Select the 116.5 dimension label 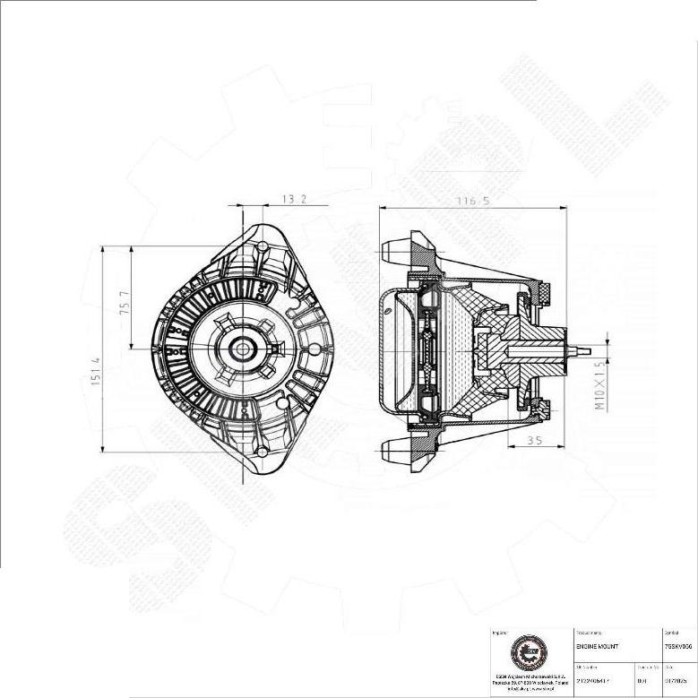pyautogui.click(x=473, y=201)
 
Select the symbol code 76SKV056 pyautogui.click(x=678, y=646)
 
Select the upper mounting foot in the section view pyautogui.click(x=400, y=248)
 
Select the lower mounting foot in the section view pyautogui.click(x=400, y=448)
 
